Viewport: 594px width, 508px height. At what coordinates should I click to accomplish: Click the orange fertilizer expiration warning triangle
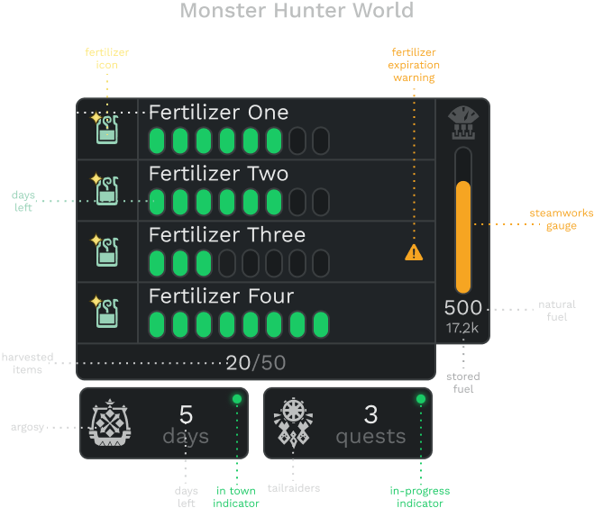coord(414,252)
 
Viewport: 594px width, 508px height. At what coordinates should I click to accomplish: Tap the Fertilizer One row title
coord(219,113)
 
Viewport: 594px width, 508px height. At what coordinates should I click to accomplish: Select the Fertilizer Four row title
coord(221,296)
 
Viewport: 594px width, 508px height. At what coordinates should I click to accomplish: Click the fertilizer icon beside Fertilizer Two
coord(105,189)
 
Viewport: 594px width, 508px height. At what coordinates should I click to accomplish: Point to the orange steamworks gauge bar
coord(463,237)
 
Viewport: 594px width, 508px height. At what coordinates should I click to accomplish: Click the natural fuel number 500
coord(463,308)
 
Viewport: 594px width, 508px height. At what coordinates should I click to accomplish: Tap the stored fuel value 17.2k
coord(462,328)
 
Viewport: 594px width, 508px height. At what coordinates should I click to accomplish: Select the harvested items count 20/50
coord(256,363)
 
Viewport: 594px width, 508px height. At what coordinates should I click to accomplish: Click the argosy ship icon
coord(109,422)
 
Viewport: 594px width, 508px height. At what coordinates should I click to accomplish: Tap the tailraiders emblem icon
coord(293,422)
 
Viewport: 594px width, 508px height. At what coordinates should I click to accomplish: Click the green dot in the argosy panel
coord(237,399)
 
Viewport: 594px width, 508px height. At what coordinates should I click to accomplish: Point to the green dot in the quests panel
coord(421,399)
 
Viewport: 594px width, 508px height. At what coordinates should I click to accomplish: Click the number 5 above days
coord(186,414)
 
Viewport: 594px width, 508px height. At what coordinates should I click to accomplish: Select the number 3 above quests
coord(370,414)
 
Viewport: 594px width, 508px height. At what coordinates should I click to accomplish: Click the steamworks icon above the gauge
coord(463,122)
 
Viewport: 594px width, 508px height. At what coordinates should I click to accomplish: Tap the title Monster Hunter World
coord(297,10)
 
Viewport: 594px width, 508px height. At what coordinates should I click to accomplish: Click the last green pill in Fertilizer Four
coord(321,324)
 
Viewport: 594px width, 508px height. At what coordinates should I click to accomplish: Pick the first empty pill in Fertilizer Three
coord(227,263)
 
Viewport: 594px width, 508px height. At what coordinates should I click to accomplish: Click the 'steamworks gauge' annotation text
coord(562,220)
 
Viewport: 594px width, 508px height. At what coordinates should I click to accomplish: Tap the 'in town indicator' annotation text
coord(236,496)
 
